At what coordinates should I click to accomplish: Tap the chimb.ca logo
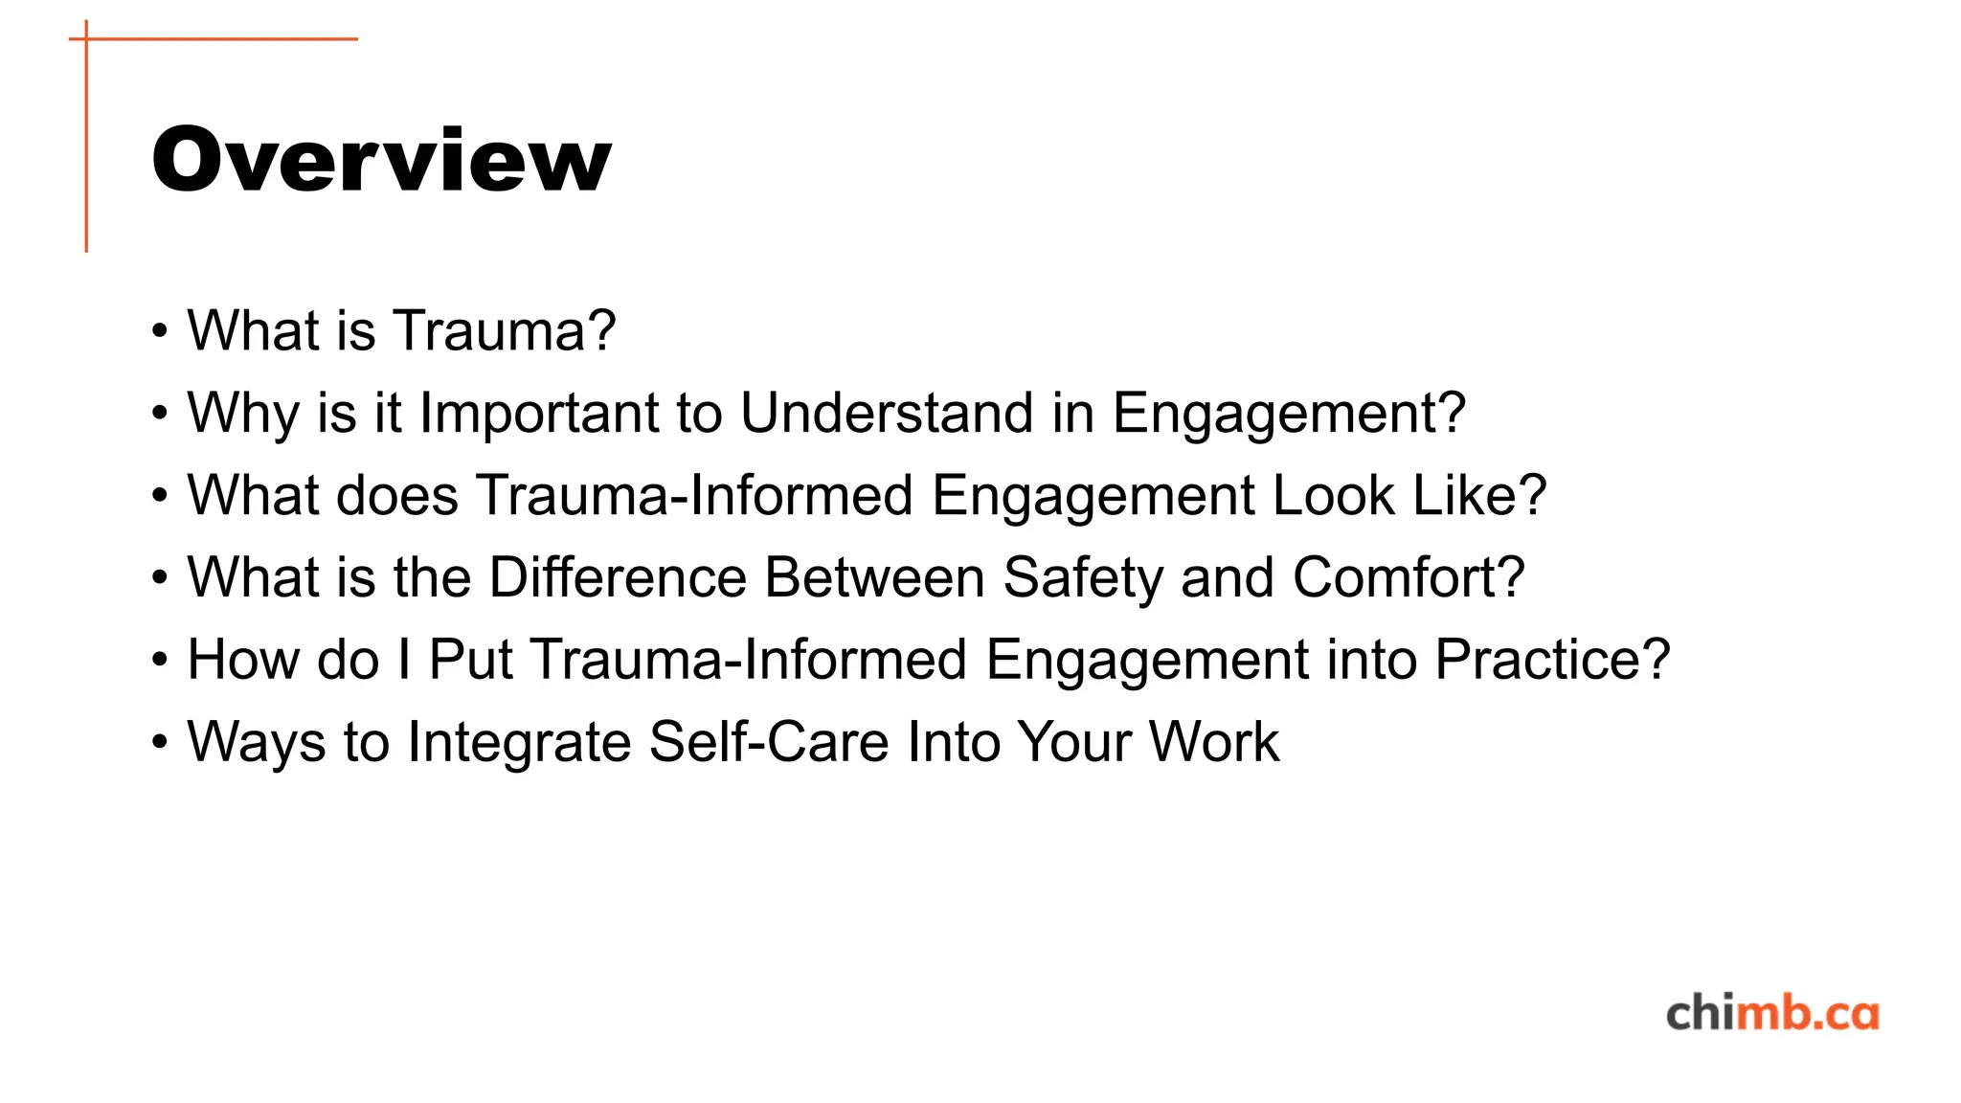[1771, 1014]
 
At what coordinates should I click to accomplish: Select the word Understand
[887, 414]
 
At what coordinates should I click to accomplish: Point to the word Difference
[618, 578]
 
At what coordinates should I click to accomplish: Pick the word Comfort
[1408, 578]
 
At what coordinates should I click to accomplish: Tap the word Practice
[1552, 661]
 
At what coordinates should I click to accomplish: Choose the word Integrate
[518, 743]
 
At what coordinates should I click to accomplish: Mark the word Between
[874, 578]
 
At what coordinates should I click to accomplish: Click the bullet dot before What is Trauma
[160, 332]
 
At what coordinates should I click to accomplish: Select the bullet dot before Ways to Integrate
[160, 744]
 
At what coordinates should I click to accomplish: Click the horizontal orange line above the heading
[220, 39]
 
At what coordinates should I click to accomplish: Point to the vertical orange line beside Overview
[86, 144]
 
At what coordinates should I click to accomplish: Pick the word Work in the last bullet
[1213, 743]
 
